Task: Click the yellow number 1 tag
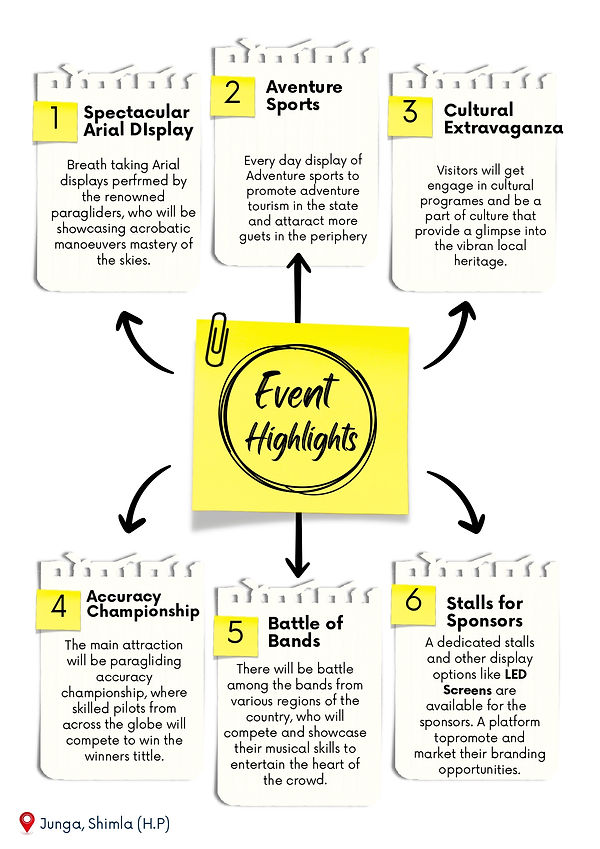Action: pyautogui.click(x=55, y=121)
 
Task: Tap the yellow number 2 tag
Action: pyautogui.click(x=233, y=95)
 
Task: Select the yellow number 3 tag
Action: pyautogui.click(x=410, y=116)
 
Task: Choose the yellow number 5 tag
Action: pyautogui.click(x=236, y=635)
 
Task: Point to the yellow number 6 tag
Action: pyautogui.click(x=413, y=605)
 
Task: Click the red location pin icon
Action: pyautogui.click(x=26, y=822)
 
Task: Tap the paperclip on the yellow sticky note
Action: pyautogui.click(x=217, y=339)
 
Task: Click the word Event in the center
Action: pyautogui.click(x=296, y=391)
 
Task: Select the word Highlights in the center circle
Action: pyautogui.click(x=302, y=441)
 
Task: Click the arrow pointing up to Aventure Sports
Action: pyautogui.click(x=298, y=288)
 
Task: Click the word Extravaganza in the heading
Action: pyautogui.click(x=504, y=129)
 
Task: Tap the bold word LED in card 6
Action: pyautogui.click(x=516, y=675)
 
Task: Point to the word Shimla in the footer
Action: pyautogui.click(x=110, y=824)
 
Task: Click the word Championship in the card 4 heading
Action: pyautogui.click(x=143, y=612)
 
